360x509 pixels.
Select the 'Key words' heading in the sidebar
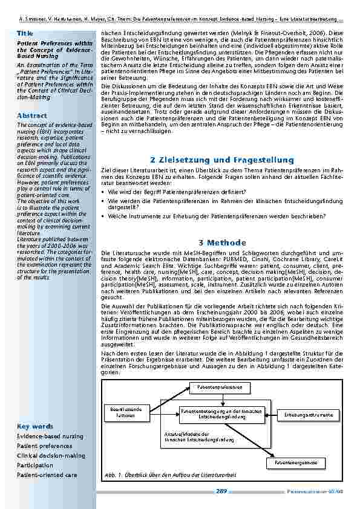35,426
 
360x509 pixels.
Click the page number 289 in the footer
221,491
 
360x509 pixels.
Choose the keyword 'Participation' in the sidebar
35,465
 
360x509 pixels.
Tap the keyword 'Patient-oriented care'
47,475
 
